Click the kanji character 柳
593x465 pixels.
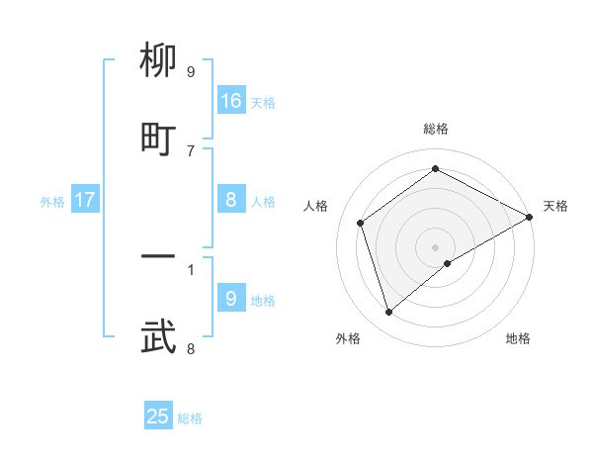tap(159, 63)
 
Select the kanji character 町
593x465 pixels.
tap(159, 139)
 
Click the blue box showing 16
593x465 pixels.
tap(231, 101)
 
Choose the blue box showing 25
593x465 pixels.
tap(158, 417)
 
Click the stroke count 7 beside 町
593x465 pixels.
tap(191, 150)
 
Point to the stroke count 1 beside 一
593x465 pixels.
tap(191, 268)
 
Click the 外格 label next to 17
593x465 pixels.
tap(52, 202)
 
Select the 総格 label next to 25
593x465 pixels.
tap(190, 418)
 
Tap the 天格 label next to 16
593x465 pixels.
tap(263, 103)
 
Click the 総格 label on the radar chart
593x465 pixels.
tap(436, 129)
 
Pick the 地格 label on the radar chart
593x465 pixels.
tap(518, 339)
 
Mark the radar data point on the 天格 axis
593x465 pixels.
tap(530, 219)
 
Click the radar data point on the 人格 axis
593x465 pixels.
tap(361, 223)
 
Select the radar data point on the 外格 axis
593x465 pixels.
tap(389, 313)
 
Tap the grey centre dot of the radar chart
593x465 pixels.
tap(436, 246)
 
